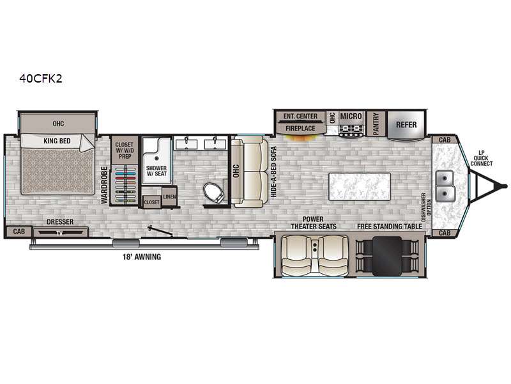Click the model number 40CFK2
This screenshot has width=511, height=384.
click(41, 79)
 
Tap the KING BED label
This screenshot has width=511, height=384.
click(57, 141)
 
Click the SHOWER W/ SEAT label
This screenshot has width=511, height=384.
click(156, 171)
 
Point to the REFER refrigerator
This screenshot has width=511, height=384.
click(406, 125)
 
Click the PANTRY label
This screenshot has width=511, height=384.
click(376, 124)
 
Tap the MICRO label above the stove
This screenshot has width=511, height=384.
click(351, 116)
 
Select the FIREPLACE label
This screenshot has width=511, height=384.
click(300, 129)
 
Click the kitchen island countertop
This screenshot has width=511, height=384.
click(360, 187)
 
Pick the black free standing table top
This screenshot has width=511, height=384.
click(387, 256)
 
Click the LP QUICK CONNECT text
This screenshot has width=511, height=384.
click(482, 158)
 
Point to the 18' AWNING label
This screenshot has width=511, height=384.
click(142, 257)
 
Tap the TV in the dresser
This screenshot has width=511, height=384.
click(59, 233)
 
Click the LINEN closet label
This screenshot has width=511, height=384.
click(169, 196)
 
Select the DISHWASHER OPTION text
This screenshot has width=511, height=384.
click(426, 207)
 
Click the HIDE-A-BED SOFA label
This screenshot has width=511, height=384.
click(273, 172)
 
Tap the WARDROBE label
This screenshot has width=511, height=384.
click(104, 185)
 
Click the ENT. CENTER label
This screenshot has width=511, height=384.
click(300, 116)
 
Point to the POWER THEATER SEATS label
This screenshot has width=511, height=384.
click(314, 223)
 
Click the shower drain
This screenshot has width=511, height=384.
click(156, 158)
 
